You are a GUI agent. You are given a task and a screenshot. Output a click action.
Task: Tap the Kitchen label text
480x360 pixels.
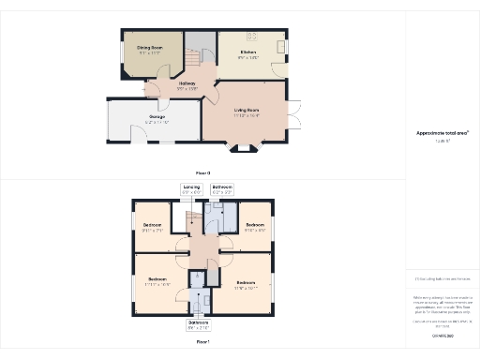(x=248, y=52)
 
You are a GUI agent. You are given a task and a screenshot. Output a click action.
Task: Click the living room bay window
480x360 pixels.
(x=247, y=147)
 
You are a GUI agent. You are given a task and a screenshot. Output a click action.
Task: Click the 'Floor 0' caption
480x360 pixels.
(x=202, y=173)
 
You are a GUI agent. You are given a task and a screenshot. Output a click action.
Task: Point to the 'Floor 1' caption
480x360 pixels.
(x=202, y=343)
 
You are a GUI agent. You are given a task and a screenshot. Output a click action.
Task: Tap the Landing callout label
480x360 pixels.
(x=191, y=187)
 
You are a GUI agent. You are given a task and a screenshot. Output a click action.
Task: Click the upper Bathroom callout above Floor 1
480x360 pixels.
(x=222, y=187)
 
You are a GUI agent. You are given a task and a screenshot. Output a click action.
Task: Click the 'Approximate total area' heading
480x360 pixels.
(x=436, y=132)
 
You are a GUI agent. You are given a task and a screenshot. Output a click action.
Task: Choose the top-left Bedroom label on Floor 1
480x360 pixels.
(x=153, y=226)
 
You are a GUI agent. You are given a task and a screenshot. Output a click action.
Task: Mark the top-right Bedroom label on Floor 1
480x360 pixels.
(x=255, y=226)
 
